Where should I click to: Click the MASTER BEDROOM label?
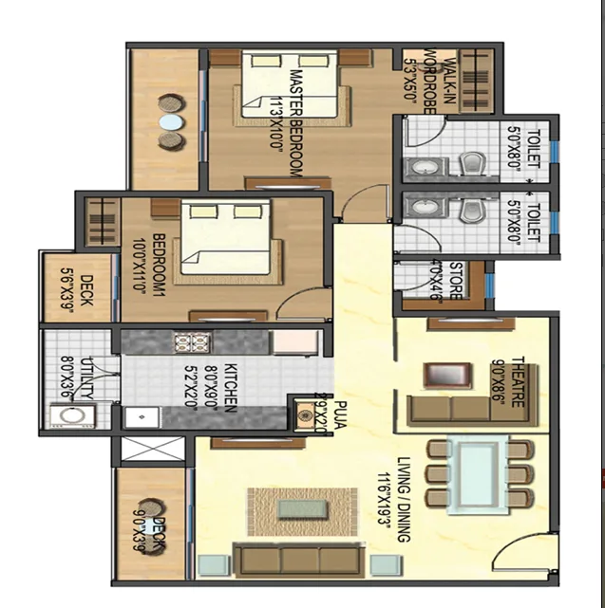tap(295, 121)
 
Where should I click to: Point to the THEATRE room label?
tap(518, 384)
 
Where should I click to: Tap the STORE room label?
tap(455, 283)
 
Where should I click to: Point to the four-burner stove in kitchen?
tap(183, 342)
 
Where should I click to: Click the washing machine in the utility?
tap(67, 415)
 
